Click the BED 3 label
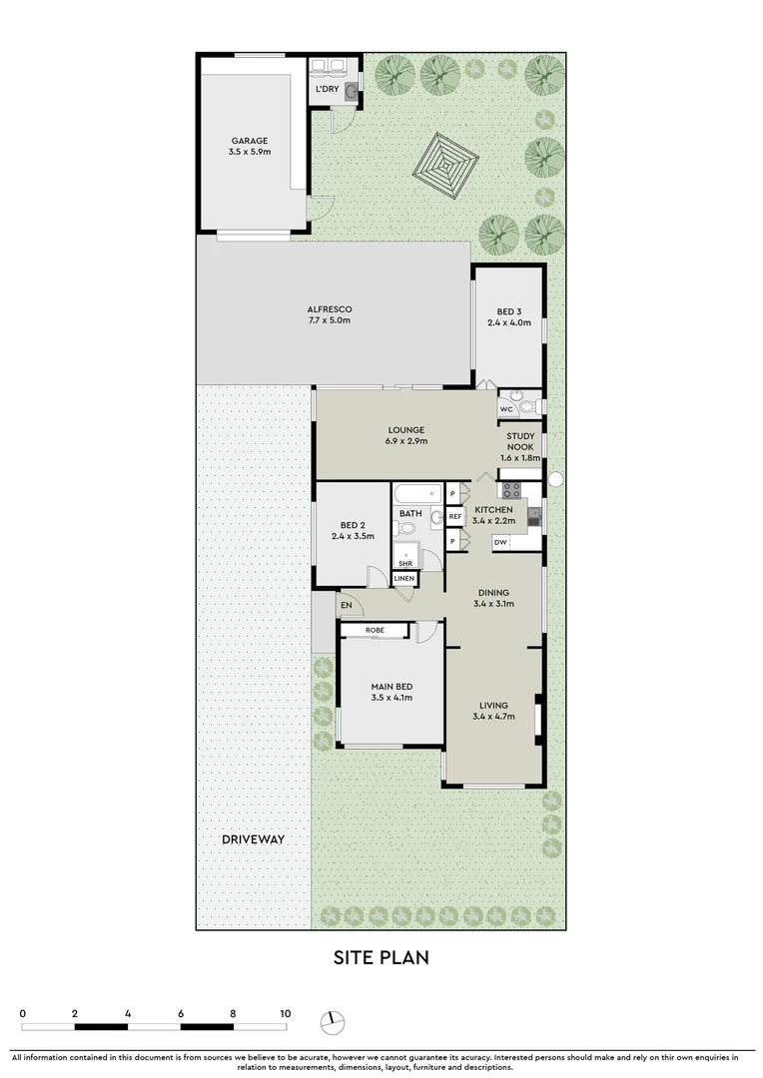(x=509, y=309)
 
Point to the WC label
(x=506, y=409)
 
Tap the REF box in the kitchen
(x=455, y=517)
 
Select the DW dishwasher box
(x=501, y=543)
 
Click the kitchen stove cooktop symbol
(x=511, y=489)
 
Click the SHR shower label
(x=404, y=564)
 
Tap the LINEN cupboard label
(x=404, y=579)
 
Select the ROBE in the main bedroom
(x=375, y=631)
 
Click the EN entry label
(x=347, y=605)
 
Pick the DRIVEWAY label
(x=253, y=839)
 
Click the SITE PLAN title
(x=381, y=958)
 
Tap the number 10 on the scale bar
(x=285, y=1014)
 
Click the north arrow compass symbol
(x=333, y=1022)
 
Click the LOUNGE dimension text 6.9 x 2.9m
(x=406, y=441)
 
